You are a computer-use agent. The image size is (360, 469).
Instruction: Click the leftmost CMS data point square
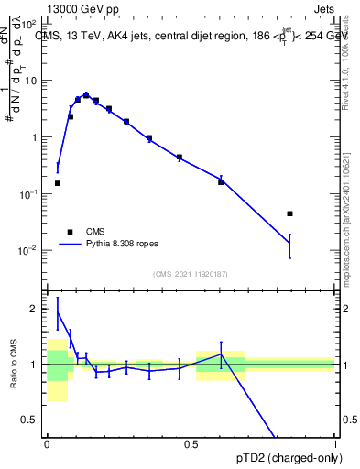[58, 183]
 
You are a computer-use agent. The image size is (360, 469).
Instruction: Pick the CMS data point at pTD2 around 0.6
[221, 181]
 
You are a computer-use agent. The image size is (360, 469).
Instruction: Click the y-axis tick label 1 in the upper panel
[34, 137]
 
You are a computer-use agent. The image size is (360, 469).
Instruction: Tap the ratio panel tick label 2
[35, 309]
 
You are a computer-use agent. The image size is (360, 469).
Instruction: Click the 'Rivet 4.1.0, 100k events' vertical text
[348, 64]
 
